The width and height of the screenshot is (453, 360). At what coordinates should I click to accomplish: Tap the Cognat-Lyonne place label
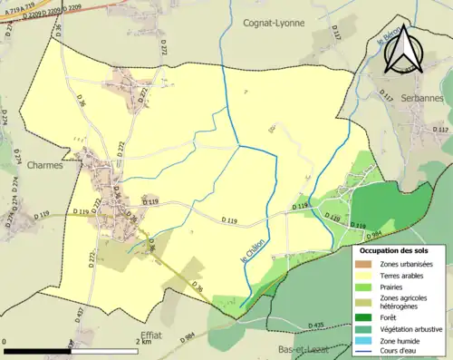274,23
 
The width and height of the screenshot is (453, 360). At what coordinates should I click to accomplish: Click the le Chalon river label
255,248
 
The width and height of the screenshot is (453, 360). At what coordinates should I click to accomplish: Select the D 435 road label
314,325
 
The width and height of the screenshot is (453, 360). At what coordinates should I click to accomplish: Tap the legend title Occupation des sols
400,248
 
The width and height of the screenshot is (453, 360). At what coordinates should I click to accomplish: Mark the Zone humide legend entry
402,341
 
